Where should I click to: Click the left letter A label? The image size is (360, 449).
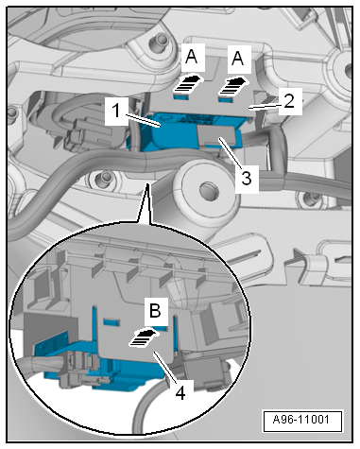[192, 58]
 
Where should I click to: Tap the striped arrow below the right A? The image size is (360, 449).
[231, 83]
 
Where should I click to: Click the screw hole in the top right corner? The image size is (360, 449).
[338, 71]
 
